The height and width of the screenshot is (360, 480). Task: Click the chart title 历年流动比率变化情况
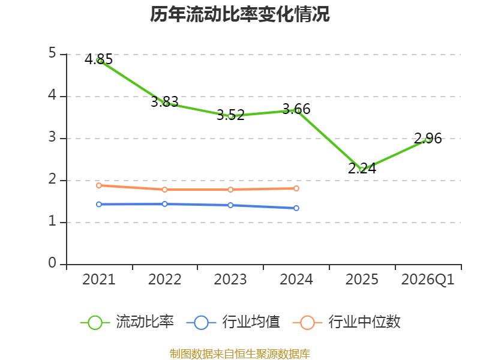[240, 14]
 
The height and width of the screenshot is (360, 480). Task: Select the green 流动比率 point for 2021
[99, 61]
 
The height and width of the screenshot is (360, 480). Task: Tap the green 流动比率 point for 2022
[166, 103]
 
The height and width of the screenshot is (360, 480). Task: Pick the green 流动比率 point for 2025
[362, 170]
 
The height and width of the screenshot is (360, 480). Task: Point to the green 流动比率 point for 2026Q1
[428, 139]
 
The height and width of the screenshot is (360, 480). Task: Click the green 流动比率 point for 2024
[297, 110]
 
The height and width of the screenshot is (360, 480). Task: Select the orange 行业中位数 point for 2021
[99, 185]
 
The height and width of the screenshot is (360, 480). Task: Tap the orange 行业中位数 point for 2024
[296, 188]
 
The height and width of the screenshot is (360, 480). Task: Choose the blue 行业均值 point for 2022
[164, 204]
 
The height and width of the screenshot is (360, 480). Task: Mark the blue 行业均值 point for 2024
[296, 208]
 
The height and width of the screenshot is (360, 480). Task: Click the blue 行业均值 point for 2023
[230, 205]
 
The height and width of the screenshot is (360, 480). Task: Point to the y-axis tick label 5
[52, 54]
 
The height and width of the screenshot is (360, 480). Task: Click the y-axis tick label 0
[52, 263]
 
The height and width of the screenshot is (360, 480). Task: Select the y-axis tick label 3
[52, 138]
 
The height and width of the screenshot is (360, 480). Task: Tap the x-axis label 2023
[230, 280]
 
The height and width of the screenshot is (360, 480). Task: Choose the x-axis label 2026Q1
[428, 280]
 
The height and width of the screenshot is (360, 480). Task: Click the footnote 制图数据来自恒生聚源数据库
[240, 353]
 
